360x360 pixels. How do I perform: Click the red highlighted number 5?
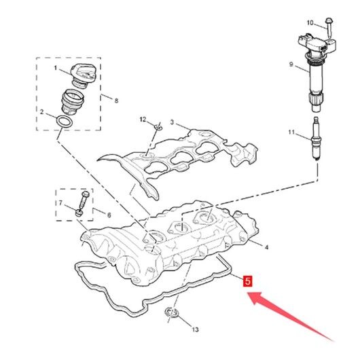click(247, 281)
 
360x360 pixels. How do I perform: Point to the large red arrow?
click(291, 317)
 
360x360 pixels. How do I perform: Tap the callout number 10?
click(310, 22)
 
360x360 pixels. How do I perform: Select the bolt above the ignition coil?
click(329, 28)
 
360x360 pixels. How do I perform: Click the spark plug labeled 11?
click(316, 139)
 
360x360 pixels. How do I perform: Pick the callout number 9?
click(291, 65)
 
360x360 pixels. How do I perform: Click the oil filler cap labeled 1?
click(83, 76)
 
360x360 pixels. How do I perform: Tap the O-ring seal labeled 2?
click(65, 121)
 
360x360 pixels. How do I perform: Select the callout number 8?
click(116, 101)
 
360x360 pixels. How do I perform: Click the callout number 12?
click(143, 120)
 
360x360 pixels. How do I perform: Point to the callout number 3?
click(173, 122)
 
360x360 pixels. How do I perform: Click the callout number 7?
click(60, 203)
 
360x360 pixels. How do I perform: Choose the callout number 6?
click(109, 215)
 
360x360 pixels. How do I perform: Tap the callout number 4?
click(266, 247)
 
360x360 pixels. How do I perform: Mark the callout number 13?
click(195, 329)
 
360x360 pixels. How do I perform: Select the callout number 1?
click(55, 68)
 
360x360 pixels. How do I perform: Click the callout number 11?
click(291, 132)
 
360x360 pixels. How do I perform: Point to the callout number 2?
click(41, 112)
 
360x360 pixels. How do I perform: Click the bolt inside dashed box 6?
click(82, 203)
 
